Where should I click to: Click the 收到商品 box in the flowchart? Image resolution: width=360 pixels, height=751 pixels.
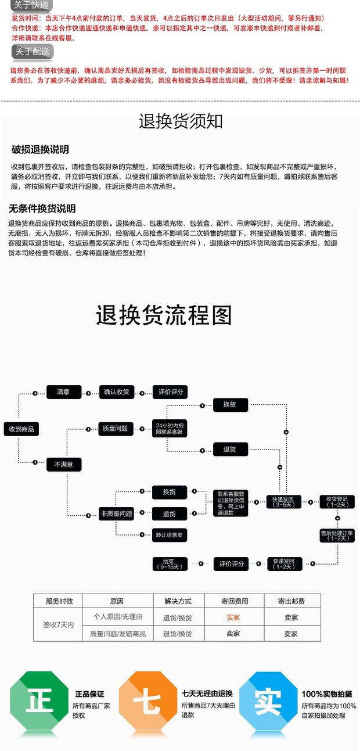[21, 429]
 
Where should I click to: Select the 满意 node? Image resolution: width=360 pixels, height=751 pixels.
[63, 392]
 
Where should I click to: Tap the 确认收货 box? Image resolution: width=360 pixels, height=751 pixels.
[116, 392]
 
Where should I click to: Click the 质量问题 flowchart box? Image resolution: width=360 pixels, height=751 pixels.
[115, 428]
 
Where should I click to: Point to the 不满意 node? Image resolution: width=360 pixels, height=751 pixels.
[64, 464]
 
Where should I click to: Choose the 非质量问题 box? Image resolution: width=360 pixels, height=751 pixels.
[116, 513]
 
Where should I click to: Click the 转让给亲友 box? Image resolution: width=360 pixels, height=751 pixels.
[170, 535]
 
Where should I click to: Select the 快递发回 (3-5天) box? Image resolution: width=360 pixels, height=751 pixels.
[283, 501]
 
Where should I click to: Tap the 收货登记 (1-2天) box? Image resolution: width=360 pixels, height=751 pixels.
[337, 501]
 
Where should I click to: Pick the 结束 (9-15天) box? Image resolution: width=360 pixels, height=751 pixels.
[169, 563]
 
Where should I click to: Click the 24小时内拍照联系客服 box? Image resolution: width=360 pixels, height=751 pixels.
[169, 429]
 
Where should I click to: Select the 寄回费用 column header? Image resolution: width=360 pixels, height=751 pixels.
[233, 601]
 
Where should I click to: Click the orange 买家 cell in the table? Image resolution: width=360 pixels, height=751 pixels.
[233, 617]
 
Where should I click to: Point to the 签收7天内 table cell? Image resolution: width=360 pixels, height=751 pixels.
[58, 625]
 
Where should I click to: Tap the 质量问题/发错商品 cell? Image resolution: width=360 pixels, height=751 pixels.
[118, 634]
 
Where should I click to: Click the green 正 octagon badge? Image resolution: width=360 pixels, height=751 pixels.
[39, 702]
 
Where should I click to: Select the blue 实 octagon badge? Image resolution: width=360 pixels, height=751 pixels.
[268, 702]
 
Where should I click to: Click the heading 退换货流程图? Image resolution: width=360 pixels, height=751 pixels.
[164, 315]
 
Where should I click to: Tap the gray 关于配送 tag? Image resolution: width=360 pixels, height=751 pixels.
[33, 51]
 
